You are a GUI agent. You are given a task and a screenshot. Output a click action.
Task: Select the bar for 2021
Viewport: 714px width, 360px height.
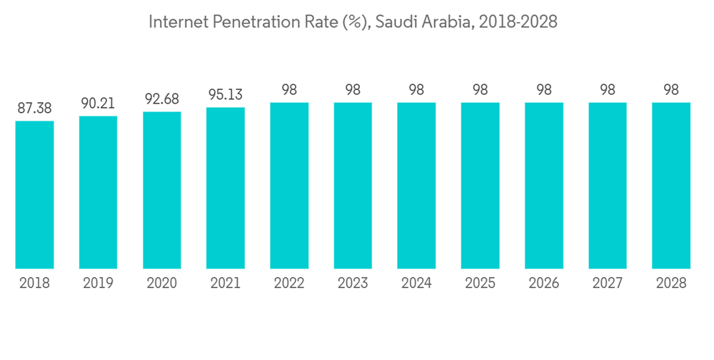[x=226, y=188]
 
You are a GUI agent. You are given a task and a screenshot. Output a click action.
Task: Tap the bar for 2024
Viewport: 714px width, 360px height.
[x=416, y=185]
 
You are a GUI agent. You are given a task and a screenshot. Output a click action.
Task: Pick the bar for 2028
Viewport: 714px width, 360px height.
[x=671, y=185]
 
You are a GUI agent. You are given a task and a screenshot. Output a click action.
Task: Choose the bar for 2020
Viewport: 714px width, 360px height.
[x=162, y=190]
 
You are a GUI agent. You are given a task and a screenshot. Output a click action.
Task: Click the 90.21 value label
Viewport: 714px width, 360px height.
[x=98, y=104]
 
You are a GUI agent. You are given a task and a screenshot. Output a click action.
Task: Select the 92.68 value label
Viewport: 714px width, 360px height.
[x=162, y=99]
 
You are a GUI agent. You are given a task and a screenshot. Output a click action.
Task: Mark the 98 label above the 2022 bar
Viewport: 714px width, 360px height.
[x=289, y=91]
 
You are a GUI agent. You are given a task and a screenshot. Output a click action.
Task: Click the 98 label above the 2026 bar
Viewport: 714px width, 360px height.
[x=543, y=91]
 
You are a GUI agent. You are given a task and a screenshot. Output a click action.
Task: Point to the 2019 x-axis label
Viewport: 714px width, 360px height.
[x=98, y=283]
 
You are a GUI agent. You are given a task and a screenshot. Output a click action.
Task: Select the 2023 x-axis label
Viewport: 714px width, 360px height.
[x=353, y=283]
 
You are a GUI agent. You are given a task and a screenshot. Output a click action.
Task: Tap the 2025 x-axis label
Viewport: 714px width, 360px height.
[x=480, y=283]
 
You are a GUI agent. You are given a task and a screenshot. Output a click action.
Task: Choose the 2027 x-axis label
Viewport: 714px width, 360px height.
[x=608, y=283]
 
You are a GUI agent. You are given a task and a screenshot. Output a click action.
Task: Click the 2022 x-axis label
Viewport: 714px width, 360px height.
[x=289, y=283]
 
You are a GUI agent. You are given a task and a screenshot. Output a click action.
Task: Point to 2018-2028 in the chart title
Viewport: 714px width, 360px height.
[x=518, y=22]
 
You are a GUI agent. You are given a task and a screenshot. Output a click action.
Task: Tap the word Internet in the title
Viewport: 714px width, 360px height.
[x=174, y=22]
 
